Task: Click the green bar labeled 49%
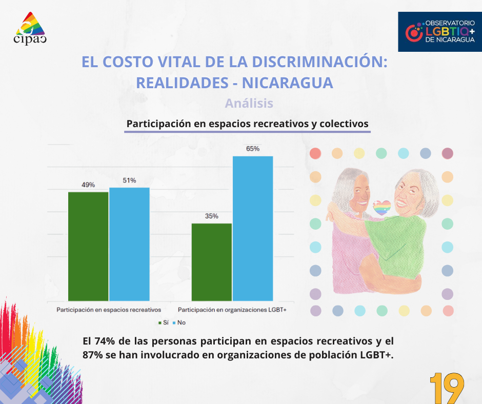(88, 246)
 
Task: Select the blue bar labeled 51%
(129, 244)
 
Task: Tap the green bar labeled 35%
(211, 261)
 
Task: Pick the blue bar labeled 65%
(253, 228)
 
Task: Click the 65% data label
(253, 149)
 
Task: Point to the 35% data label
(211, 216)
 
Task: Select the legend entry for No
(178, 322)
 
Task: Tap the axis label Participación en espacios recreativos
(109, 310)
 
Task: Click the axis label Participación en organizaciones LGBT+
(232, 310)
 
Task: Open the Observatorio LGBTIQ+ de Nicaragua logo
(439, 32)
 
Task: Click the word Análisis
(249, 103)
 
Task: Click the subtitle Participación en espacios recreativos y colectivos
(247, 124)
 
